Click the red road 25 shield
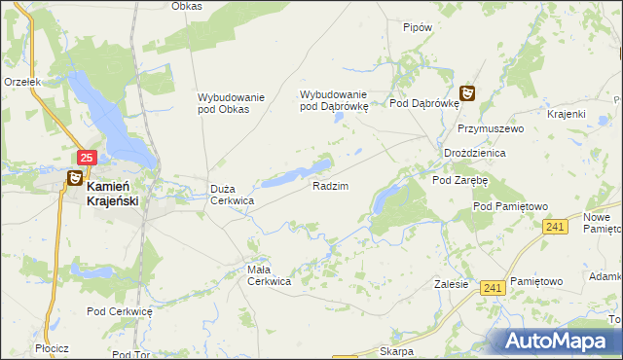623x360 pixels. pos(87,157)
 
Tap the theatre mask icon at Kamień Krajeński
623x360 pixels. pos(74,178)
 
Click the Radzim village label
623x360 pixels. pos(330,185)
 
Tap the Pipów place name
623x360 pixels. pos(417,27)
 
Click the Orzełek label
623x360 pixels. pos(21,83)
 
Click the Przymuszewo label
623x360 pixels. pos(491,128)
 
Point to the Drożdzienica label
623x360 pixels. pos(474,154)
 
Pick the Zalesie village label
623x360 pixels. pos(452,285)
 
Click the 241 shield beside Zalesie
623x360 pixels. pos(493,287)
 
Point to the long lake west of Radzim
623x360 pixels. pos(292,174)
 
